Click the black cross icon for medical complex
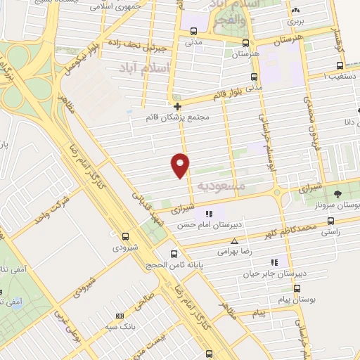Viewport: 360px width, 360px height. [177, 106]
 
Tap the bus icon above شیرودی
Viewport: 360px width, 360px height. [126, 236]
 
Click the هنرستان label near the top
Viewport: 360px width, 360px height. [245, 53]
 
